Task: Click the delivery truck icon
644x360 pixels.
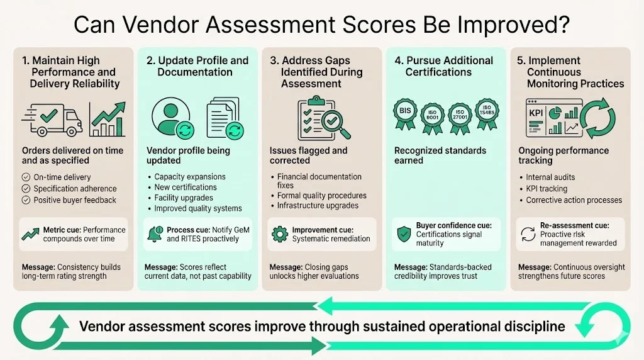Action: pos(52,118)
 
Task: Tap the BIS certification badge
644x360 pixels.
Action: pos(404,113)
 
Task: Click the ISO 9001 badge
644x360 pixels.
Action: pos(432,115)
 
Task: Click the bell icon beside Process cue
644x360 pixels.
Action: pos(153,234)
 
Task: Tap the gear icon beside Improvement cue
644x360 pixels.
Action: pos(279,234)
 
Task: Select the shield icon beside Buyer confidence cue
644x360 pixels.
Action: pos(402,234)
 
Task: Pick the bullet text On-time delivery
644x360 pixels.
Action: pos(62,177)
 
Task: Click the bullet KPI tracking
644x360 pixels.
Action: pos(547,189)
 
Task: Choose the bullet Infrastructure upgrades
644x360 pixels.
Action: pos(318,206)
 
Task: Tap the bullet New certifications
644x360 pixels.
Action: pos(186,187)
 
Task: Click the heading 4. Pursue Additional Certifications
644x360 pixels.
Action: pos(443,66)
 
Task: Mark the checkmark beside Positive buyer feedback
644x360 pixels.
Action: pos(26,200)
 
